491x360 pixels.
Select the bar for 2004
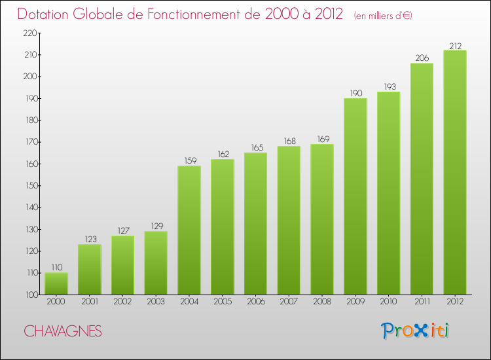[189, 230]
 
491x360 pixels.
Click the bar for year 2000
[56, 283]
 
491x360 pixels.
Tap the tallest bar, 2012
[455, 172]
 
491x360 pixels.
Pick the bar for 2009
[355, 196]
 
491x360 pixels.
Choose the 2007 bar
[289, 220]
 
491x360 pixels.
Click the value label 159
[189, 160]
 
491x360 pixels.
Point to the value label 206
[422, 58]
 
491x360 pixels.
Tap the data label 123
[89, 238]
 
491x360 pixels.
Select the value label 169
[321, 138]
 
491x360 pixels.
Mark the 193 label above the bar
[388, 86]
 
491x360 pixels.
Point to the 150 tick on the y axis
[29, 186]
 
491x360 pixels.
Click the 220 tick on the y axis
[29, 33]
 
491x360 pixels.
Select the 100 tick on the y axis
[29, 295]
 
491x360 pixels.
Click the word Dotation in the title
[48, 14]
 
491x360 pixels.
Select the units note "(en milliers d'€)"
[383, 15]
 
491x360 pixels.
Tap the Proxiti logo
[416, 331]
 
